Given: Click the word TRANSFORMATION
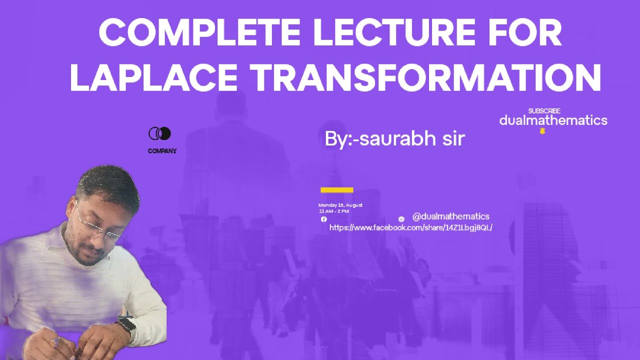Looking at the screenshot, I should point(425,77).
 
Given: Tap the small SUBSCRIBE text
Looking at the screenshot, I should point(544,111).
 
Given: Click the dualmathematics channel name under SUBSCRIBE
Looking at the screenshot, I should point(553,120).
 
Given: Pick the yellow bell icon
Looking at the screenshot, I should point(542,131).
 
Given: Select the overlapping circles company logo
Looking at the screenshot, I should point(160,133).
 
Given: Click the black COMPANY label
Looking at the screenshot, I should point(162,151).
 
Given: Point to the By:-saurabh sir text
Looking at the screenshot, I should point(394,139).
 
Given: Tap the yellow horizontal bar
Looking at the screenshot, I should point(336,190).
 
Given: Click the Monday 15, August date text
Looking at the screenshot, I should point(340,205).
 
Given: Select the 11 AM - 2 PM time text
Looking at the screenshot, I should point(334,211).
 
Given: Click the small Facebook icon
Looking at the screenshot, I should point(323,219).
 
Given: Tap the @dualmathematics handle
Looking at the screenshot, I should point(450,216).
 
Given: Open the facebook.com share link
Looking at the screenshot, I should point(410,228).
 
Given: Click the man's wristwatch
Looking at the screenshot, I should point(126,325).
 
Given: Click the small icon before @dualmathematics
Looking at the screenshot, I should point(401,219).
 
